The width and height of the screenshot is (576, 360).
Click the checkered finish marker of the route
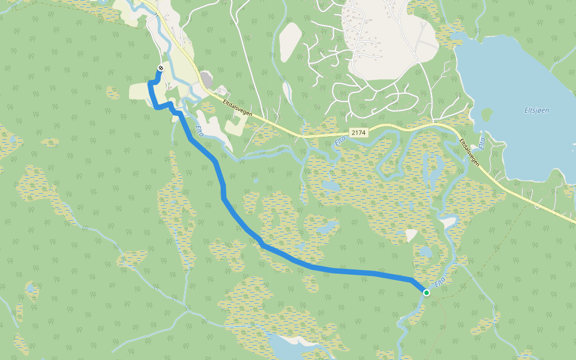160,68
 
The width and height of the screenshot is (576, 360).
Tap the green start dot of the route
426,292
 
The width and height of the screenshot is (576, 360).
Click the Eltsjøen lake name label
536,110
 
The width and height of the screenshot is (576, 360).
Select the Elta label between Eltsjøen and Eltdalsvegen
481,143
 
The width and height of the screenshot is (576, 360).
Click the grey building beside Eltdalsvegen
207,79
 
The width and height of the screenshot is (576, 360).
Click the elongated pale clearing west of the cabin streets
290,42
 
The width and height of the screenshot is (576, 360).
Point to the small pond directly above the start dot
425,251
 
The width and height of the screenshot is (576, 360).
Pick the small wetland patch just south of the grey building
208,107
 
